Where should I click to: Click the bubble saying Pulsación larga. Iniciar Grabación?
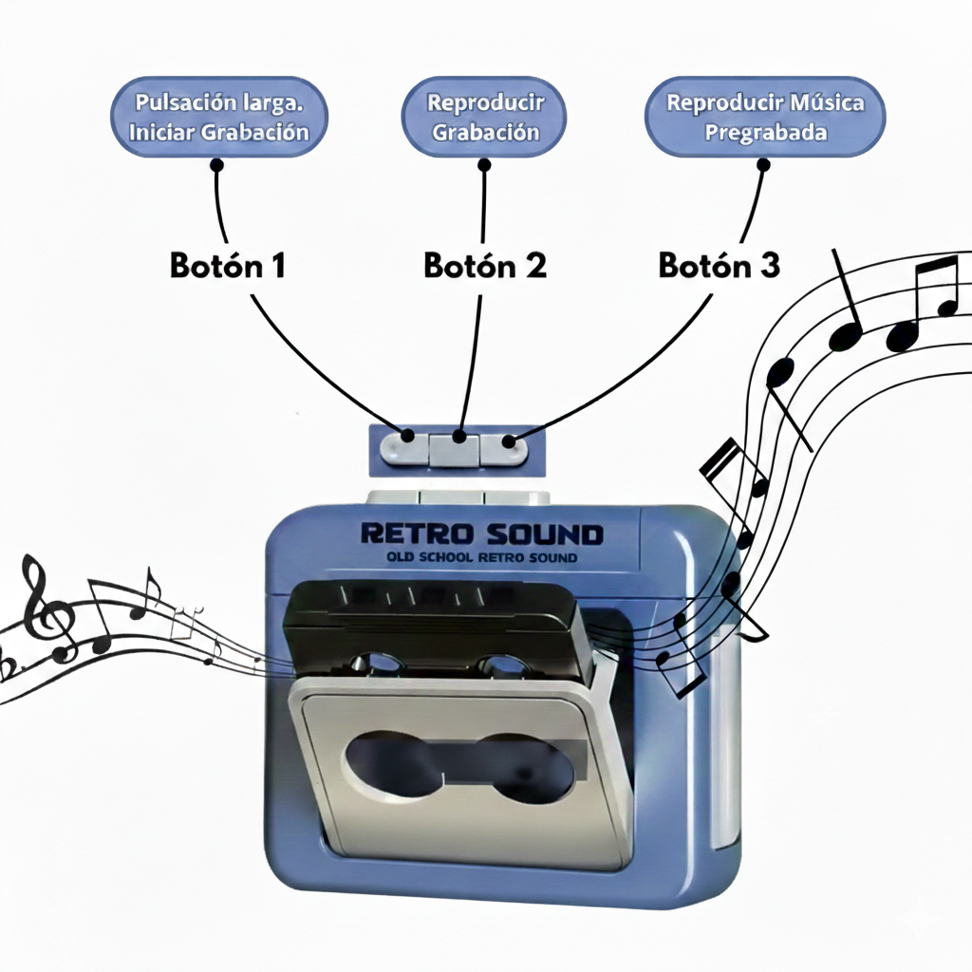click(219, 118)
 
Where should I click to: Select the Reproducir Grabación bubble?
click(484, 118)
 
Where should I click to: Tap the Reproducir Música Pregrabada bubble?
click(764, 118)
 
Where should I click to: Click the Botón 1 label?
click(228, 267)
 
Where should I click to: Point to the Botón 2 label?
click(485, 267)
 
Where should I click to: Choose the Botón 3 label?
click(720, 267)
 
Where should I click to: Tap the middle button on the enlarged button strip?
click(456, 449)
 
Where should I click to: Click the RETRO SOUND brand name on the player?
click(481, 534)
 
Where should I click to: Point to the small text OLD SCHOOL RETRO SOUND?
click(482, 557)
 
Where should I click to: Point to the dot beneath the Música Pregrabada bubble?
click(764, 164)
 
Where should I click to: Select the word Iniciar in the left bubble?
click(163, 132)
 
